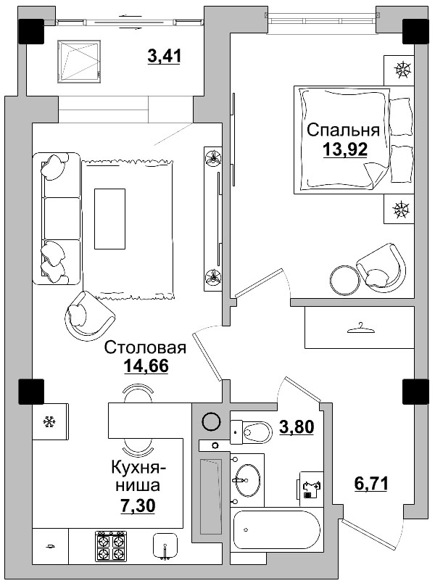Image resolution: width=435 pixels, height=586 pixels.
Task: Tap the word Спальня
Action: click(343, 131)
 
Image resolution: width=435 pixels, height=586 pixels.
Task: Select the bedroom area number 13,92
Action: click(344, 149)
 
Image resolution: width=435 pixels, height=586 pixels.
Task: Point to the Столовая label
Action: click(146, 348)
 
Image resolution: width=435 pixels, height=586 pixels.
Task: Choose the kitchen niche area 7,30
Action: click(141, 501)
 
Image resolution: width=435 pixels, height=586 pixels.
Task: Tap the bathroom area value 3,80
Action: click(297, 427)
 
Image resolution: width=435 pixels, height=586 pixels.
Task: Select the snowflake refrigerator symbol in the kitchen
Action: click(50, 421)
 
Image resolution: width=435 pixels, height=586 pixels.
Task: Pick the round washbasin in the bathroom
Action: click(247, 478)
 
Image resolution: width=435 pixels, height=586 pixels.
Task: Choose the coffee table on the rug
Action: click(109, 218)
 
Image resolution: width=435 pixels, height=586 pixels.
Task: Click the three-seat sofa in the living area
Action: click(57, 218)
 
